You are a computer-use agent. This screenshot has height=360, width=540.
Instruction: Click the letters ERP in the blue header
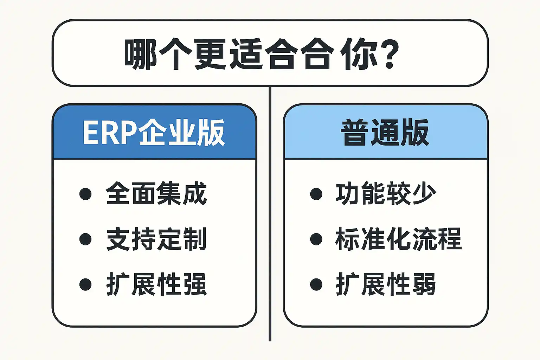pos(109,132)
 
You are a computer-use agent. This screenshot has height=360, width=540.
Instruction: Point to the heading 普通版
pos(385,132)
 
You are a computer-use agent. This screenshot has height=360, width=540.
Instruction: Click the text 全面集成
pos(156,193)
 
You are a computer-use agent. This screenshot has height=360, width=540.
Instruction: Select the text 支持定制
pos(156,239)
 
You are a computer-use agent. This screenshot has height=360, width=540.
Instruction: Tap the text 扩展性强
pos(156,284)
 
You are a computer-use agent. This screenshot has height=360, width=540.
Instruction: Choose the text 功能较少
pos(386,193)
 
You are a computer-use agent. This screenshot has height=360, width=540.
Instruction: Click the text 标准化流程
pos(398,239)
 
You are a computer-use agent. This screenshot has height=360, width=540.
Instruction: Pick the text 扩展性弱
pos(386,284)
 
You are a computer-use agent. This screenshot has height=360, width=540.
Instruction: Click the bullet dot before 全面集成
pos(85,194)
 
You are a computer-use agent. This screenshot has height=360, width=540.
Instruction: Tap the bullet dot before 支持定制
pos(85,239)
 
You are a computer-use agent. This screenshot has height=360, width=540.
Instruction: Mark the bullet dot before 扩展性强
pos(85,284)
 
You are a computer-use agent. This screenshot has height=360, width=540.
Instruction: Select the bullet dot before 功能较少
pos(316,194)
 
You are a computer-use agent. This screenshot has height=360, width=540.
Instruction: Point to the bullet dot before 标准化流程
pos(316,239)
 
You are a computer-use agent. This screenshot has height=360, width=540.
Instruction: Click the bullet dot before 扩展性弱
pos(316,284)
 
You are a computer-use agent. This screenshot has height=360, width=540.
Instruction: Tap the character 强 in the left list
pos(195,284)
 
